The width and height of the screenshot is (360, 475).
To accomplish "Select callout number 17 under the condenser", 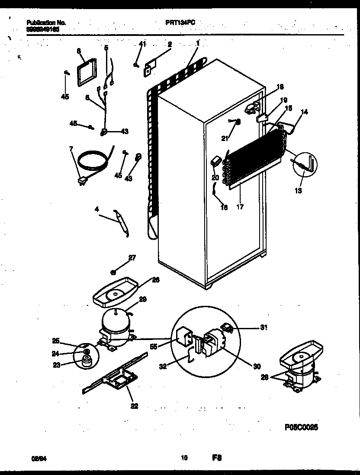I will [x=240, y=207].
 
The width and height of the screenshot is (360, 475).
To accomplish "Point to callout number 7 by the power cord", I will [x=71, y=149].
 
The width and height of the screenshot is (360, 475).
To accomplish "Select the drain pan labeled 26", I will [x=115, y=294].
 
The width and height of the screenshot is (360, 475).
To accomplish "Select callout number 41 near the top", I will [x=143, y=44].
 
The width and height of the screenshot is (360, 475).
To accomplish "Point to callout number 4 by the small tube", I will [x=97, y=209].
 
